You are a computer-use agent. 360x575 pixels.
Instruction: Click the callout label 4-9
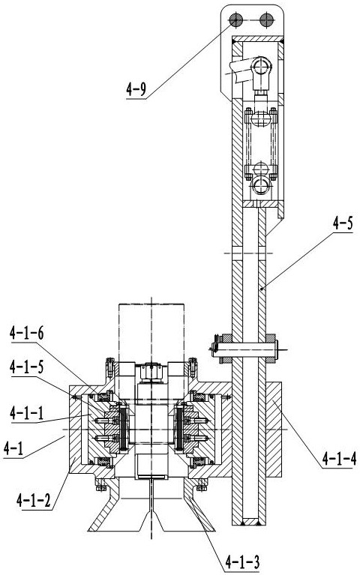click(136, 89)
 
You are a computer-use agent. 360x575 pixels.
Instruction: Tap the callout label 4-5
click(343, 223)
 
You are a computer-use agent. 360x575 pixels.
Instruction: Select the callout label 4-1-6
click(27, 334)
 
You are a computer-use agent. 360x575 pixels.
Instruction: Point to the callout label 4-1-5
click(27, 367)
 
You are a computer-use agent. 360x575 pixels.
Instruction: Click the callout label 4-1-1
click(27, 413)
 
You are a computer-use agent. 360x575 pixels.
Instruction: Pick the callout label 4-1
click(13, 448)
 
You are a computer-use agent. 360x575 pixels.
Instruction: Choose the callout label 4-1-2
click(34, 500)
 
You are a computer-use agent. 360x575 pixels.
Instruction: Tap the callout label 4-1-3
click(242, 562)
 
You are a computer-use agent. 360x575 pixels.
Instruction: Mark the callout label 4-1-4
click(339, 458)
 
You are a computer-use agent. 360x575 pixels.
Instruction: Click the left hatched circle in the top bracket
click(235, 19)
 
